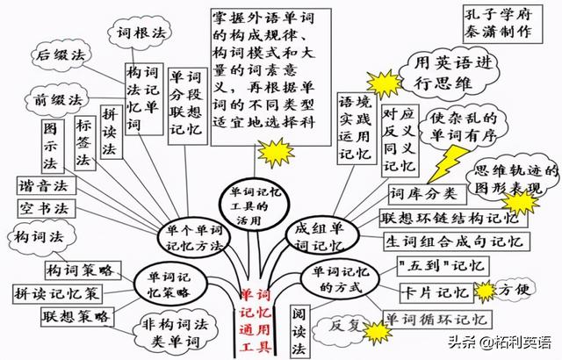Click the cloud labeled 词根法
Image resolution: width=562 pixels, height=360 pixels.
[x=141, y=33]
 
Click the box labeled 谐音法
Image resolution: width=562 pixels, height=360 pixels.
[x=40, y=186]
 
